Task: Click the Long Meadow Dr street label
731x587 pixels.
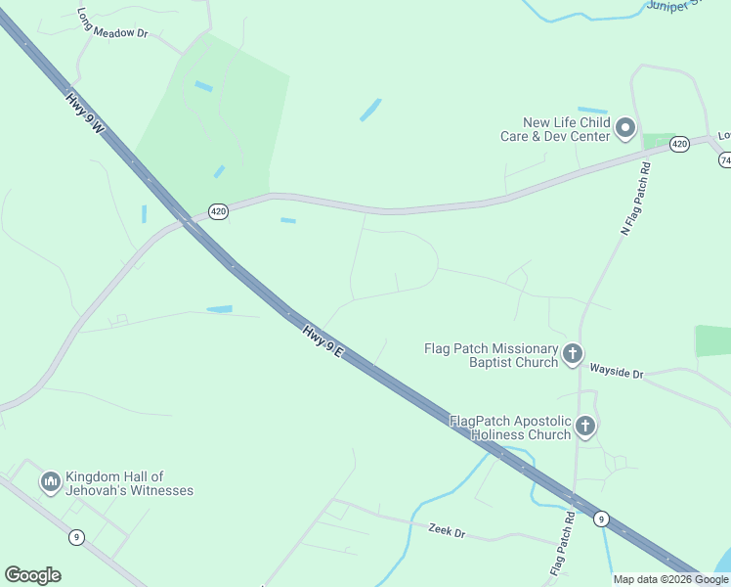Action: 111,24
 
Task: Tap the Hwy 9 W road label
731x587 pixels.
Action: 85,113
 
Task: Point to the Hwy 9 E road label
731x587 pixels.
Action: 322,341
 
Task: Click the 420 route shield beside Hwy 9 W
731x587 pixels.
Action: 218,211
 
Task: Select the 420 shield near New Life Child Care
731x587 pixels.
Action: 679,145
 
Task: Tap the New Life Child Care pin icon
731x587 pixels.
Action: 625,128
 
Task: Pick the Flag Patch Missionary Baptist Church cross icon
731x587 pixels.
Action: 573,354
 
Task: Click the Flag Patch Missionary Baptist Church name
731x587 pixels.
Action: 492,355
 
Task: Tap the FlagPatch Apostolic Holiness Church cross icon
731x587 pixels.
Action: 584,426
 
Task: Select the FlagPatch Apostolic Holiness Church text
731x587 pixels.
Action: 509,428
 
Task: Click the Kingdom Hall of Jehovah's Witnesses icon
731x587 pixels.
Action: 50,481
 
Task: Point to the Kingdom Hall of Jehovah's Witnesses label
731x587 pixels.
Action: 129,483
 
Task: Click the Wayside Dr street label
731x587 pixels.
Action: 617,373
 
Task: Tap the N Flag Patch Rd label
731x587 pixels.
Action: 634,199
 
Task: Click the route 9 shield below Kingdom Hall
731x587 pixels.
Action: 76,536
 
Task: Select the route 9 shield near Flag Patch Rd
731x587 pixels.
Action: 601,519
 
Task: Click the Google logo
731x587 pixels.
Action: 32,575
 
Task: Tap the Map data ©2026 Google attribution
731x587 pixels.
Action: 670,579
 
